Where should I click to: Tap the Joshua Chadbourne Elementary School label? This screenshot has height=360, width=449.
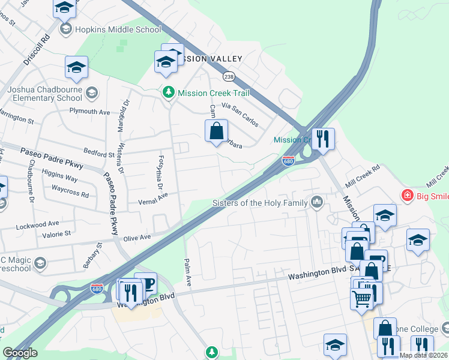tap(45, 94)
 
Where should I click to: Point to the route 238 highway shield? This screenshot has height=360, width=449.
tap(228, 76)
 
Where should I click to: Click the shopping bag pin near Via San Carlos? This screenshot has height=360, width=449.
tap(216, 130)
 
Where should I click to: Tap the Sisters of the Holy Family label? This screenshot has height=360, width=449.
tap(259, 203)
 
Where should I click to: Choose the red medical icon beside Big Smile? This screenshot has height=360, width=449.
tap(407, 195)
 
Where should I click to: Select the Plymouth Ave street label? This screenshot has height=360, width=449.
tap(89, 112)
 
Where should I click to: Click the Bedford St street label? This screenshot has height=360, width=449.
tap(99, 154)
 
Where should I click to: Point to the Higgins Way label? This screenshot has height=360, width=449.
tap(60, 179)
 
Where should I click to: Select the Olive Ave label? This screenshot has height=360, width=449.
tap(137, 238)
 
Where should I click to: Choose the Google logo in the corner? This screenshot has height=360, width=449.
tap(20, 353)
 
